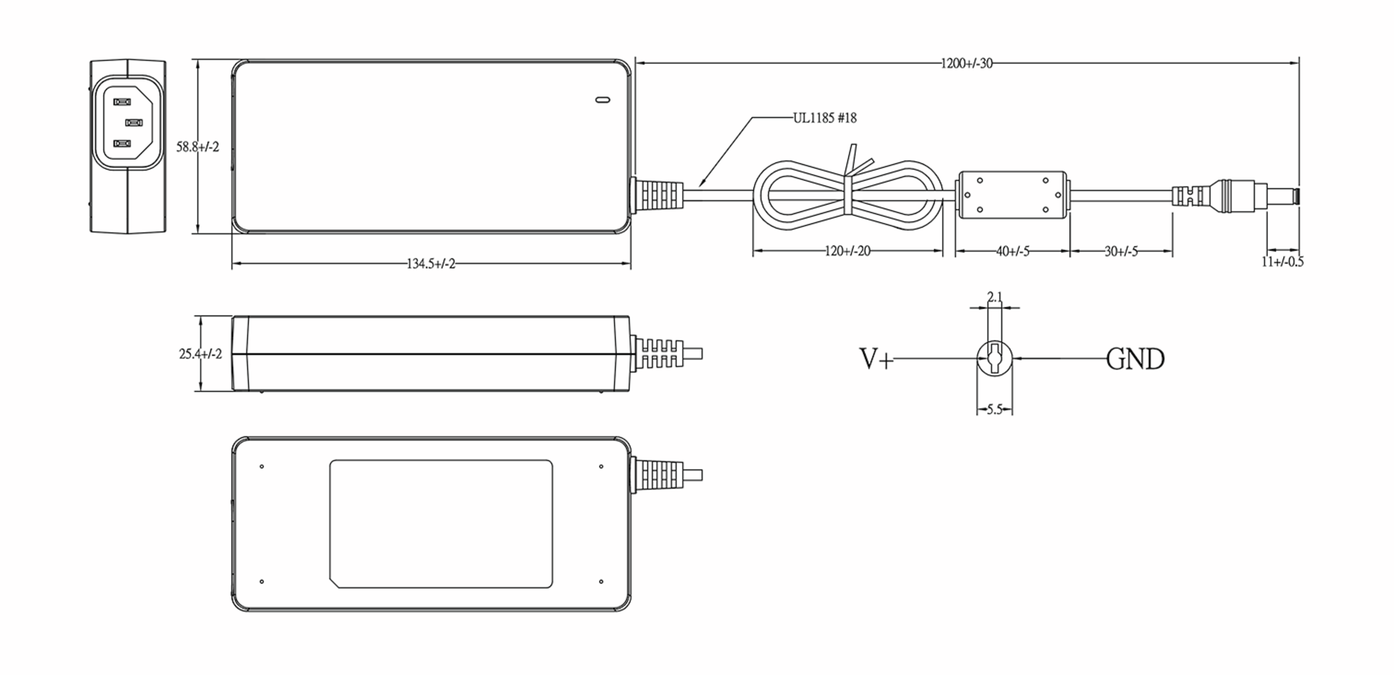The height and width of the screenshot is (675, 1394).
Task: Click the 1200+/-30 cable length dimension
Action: (x=967, y=63)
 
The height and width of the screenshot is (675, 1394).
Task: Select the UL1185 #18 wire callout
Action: (x=825, y=119)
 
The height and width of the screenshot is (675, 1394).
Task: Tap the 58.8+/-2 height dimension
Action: (x=198, y=147)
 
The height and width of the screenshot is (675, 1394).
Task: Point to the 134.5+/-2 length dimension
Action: (x=431, y=264)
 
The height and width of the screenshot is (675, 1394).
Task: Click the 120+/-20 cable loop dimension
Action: (x=847, y=252)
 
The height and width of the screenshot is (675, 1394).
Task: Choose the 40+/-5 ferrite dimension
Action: (x=1012, y=252)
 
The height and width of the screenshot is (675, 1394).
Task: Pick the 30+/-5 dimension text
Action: (x=1121, y=252)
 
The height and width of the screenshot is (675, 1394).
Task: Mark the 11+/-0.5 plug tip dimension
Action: (x=1282, y=262)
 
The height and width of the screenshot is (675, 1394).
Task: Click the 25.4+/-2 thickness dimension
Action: (x=200, y=354)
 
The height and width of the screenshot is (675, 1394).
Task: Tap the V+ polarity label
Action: (x=876, y=359)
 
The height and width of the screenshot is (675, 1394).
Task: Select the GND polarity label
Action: (x=1135, y=359)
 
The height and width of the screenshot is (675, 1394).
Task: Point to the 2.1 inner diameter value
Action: (x=995, y=297)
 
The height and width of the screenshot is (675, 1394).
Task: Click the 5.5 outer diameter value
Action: (x=995, y=410)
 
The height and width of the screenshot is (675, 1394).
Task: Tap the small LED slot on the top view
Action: (x=603, y=100)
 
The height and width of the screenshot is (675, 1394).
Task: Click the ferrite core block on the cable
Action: (x=1012, y=195)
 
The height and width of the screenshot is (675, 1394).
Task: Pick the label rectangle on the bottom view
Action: (x=441, y=523)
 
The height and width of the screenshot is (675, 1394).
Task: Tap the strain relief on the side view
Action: (x=659, y=353)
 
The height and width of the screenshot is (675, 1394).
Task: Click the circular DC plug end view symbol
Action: (x=995, y=358)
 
